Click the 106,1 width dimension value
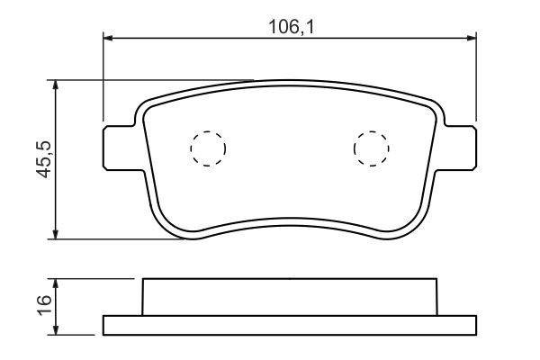tap(292, 27)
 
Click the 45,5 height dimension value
tap(44, 159)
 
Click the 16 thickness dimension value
tap(44, 305)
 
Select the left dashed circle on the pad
tap(208, 148)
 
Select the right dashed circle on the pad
tap(371, 148)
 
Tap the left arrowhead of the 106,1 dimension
tap(108, 38)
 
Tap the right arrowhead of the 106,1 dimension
tap(472, 38)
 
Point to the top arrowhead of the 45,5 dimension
tap(55, 85)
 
